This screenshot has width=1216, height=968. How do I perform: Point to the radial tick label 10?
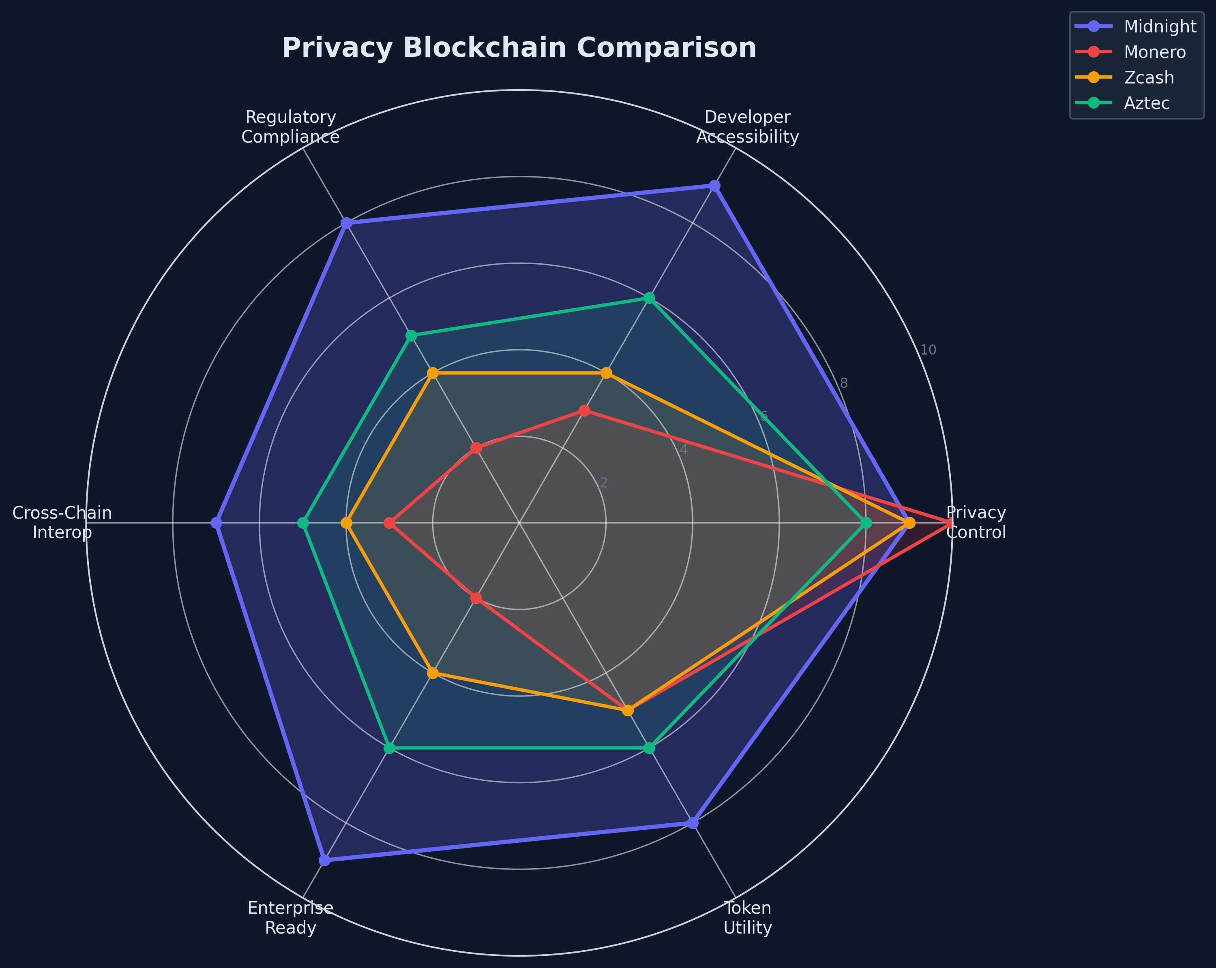coord(928,350)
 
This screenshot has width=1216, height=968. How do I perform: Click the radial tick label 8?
coord(844,383)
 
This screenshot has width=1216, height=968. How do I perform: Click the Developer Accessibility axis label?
coord(747,127)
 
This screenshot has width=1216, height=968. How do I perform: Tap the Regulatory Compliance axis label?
coord(290,127)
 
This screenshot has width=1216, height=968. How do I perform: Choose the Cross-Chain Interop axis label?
coord(62,523)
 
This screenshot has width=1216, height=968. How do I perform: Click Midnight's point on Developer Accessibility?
coord(714,186)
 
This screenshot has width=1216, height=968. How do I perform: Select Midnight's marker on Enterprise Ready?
coord(324,860)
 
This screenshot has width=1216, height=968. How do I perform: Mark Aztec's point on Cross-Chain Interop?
coord(303,523)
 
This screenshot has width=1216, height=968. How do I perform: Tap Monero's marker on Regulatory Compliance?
coord(476,449)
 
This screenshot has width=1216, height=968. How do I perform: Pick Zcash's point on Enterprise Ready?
coord(433,673)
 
